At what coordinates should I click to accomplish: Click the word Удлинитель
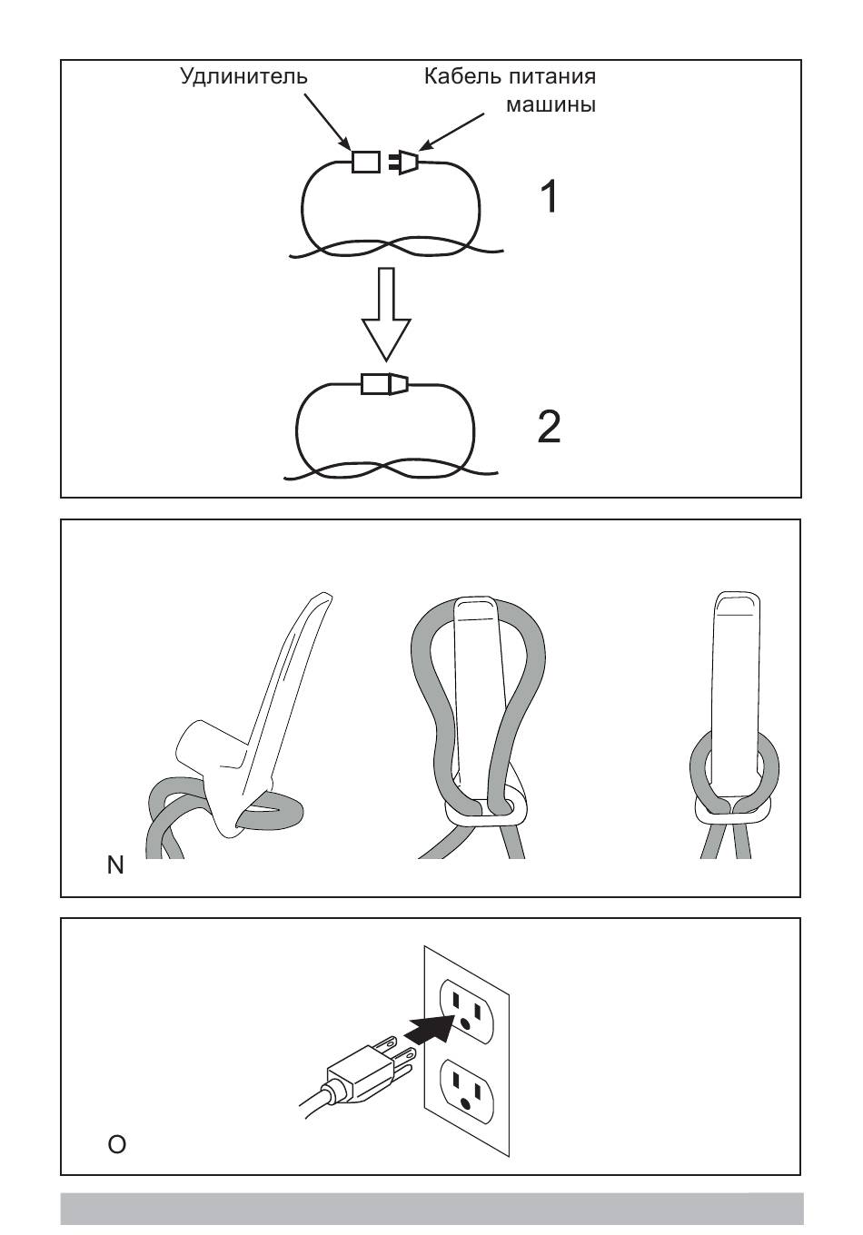tap(243, 76)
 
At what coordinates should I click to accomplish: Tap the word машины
tap(551, 104)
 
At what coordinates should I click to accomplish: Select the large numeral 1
tap(550, 196)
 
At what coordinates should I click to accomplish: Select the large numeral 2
tap(550, 427)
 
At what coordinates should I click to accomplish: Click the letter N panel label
tap(115, 865)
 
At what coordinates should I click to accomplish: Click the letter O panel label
tap(116, 1144)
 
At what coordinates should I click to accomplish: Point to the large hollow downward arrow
tap(386, 314)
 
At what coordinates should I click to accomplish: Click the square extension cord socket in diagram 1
tap(365, 162)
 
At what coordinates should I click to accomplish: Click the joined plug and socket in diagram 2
tap(385, 384)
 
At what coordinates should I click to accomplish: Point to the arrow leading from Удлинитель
tap(327, 122)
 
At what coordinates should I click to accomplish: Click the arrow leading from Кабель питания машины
tap(451, 132)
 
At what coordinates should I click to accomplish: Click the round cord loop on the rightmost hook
tap(735, 776)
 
